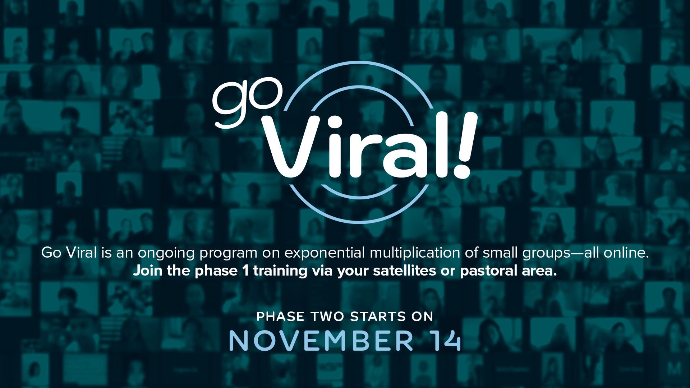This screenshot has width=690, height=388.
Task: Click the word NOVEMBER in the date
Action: (x=321, y=341)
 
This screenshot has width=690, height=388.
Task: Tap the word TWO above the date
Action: (x=327, y=317)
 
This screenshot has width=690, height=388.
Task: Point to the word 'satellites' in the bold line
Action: (x=405, y=271)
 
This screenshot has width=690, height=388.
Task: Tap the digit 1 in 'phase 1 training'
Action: (x=245, y=271)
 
